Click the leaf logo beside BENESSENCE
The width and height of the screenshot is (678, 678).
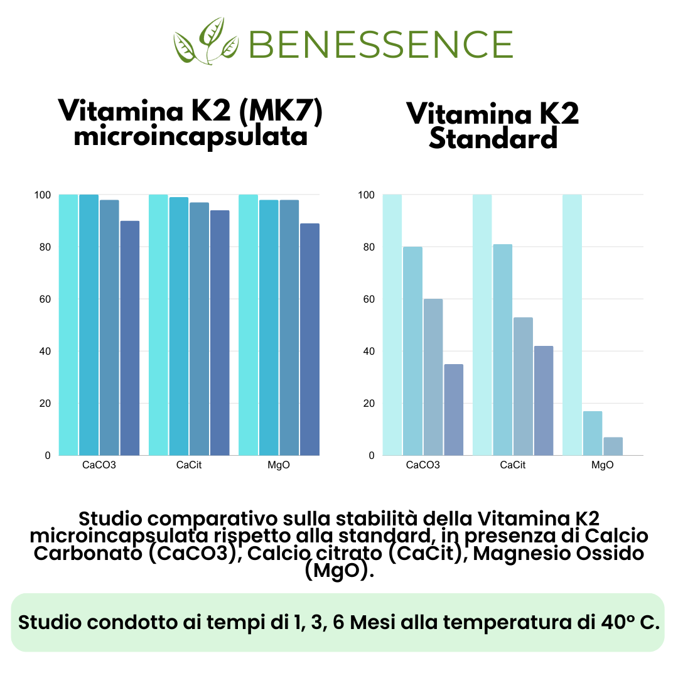tap(206, 41)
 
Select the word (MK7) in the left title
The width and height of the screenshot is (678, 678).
tap(284, 112)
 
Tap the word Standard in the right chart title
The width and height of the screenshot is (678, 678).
tap(493, 139)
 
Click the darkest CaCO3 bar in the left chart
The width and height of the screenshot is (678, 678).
tap(130, 338)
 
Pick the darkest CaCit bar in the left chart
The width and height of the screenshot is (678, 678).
tap(220, 333)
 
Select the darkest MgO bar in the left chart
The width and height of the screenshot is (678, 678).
tap(309, 339)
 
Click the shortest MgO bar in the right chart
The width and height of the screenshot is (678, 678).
tap(613, 446)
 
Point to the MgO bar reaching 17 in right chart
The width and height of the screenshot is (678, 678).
tap(593, 433)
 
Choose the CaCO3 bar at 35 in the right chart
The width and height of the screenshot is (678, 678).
tap(453, 409)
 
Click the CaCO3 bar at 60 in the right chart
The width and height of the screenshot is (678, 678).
tap(433, 377)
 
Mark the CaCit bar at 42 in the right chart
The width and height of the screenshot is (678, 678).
tap(543, 401)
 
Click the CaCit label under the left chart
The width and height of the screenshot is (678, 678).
tap(189, 465)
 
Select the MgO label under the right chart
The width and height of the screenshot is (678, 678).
tap(603, 465)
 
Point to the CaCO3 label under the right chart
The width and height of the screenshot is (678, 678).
tap(422, 465)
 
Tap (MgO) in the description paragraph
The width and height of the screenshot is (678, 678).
tap(338, 571)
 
